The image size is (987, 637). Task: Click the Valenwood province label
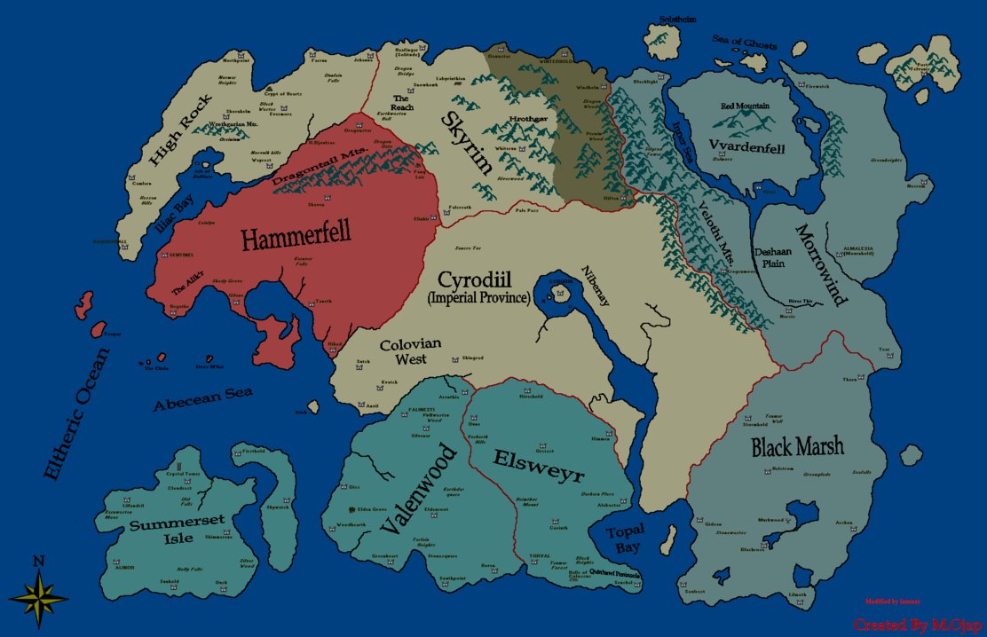click(x=418, y=489)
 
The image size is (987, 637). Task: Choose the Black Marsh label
click(x=797, y=446)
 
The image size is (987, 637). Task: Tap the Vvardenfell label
click(x=745, y=144)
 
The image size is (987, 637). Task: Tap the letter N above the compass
click(x=38, y=561)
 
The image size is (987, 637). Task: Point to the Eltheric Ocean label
click(x=77, y=413)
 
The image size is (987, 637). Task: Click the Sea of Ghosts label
click(x=744, y=43)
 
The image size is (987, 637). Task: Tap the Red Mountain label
click(x=745, y=106)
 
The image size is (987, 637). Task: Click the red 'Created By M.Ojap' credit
click(x=917, y=625)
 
